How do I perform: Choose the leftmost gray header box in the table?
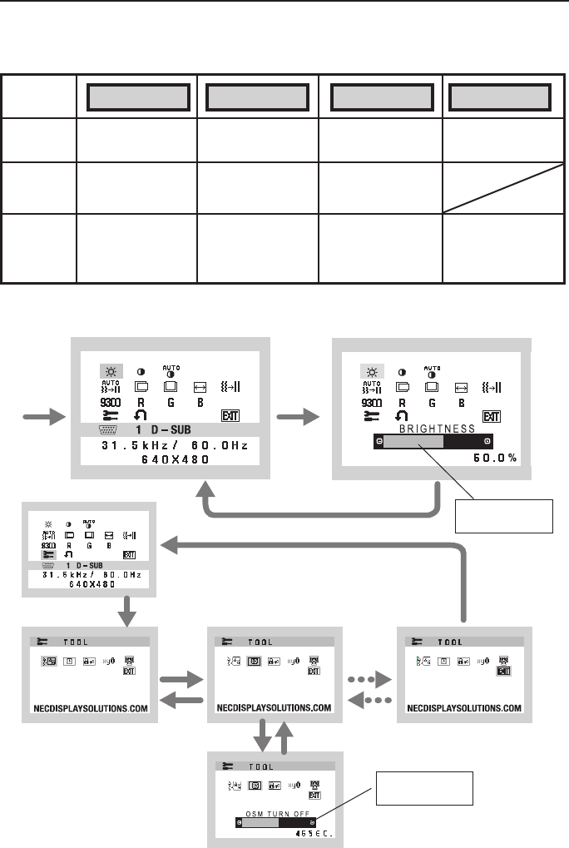(137, 97)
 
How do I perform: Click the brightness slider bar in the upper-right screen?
(433, 443)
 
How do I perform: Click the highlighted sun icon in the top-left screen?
(109, 370)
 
